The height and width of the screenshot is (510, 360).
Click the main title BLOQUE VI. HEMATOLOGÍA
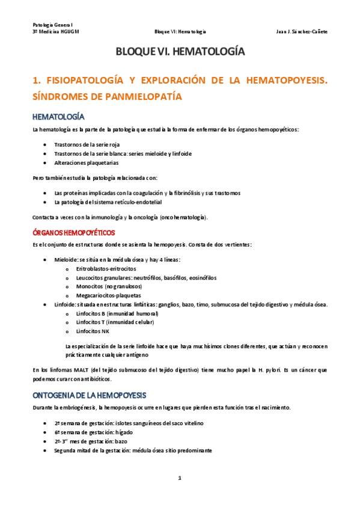(x=180, y=52)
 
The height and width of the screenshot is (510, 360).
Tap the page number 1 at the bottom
(x=180, y=478)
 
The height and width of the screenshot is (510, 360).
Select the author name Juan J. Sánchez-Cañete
(x=302, y=31)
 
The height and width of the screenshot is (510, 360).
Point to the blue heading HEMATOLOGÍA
(x=58, y=116)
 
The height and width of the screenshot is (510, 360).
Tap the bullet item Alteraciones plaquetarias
(x=86, y=162)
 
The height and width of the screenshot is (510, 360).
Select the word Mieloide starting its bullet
(x=64, y=260)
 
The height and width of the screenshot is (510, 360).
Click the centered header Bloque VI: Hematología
(x=180, y=31)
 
